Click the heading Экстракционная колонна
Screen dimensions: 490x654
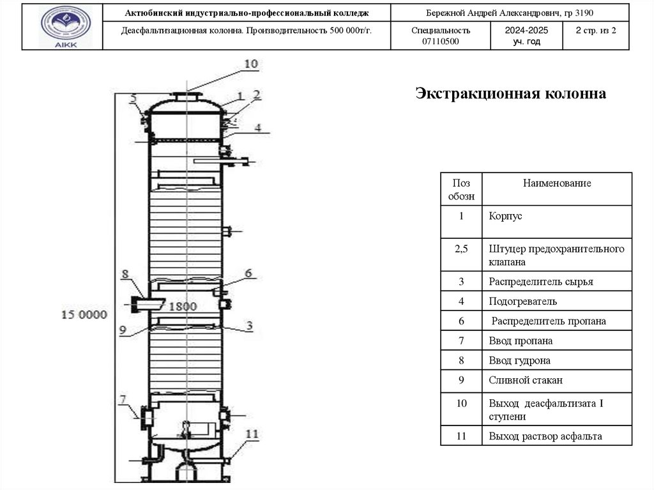click(510, 94)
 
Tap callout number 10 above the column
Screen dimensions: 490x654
click(250, 63)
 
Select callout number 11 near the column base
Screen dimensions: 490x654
click(252, 434)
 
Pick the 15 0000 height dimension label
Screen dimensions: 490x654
click(84, 314)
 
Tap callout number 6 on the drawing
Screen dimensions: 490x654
click(248, 273)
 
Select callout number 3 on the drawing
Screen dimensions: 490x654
click(250, 325)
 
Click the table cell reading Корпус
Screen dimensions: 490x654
click(506, 217)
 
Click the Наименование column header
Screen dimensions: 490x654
click(557, 183)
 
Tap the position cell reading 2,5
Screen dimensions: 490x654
click(462, 249)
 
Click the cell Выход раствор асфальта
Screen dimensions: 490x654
click(545, 437)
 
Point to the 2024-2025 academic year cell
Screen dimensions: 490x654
click(526, 35)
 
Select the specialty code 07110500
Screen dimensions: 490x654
click(441, 42)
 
